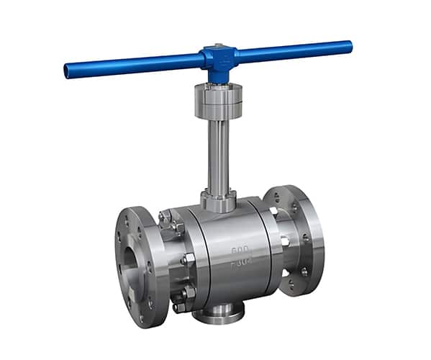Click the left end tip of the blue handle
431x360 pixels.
pos(68,71)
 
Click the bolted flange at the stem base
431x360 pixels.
pos(218,200)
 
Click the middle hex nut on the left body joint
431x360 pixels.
pos(189,258)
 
